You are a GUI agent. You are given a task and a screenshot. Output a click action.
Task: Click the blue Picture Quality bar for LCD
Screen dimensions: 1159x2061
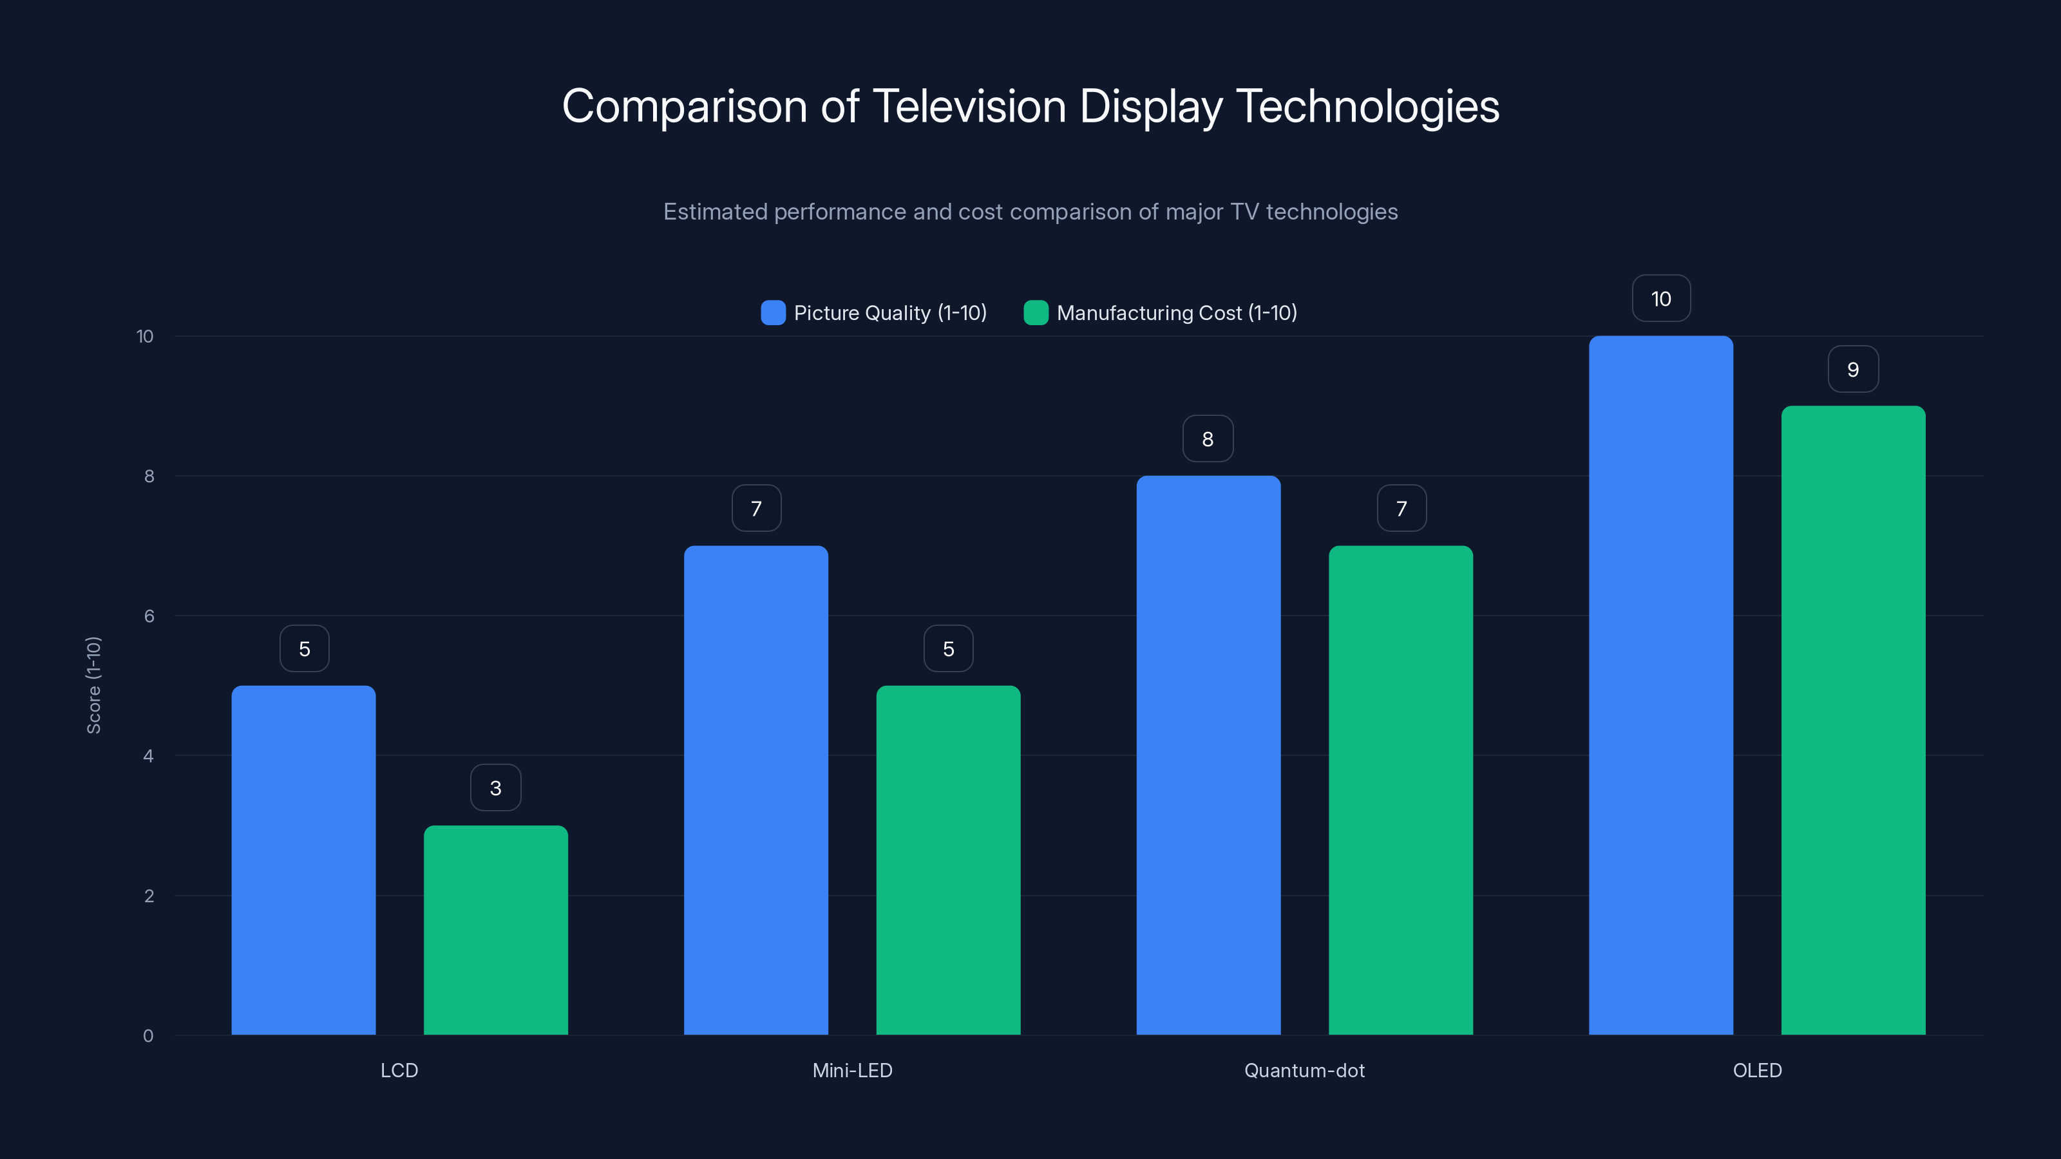[x=303, y=860]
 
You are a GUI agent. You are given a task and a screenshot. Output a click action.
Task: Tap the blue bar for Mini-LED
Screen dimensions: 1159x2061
[x=755, y=789]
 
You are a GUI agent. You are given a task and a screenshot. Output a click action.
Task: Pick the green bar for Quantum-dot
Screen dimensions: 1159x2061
[x=1400, y=789]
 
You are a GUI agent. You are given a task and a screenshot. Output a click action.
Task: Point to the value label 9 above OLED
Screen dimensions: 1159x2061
[x=1853, y=370]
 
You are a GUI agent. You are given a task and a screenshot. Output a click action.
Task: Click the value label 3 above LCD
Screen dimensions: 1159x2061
[x=495, y=788]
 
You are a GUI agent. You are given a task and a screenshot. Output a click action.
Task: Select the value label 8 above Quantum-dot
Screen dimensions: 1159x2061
[x=1208, y=439]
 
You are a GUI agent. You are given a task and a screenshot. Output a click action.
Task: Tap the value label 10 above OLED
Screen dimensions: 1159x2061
[x=1661, y=299]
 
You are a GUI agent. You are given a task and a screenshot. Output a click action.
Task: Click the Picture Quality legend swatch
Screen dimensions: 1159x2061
[x=773, y=313]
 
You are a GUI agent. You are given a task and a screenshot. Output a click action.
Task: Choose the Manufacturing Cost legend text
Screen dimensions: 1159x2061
[x=1176, y=313]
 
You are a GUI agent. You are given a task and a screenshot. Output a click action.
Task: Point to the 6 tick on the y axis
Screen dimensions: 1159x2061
[x=149, y=616]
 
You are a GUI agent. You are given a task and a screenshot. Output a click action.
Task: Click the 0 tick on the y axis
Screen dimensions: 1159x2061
[x=148, y=1036]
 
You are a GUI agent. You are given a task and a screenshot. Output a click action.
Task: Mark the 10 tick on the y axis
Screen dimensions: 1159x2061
[x=145, y=336]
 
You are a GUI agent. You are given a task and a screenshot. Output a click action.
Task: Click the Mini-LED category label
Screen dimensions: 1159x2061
[x=852, y=1070]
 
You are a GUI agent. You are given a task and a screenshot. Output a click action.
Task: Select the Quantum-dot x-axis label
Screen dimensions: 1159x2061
[x=1304, y=1070]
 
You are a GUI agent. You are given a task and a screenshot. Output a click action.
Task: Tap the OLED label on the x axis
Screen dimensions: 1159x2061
[x=1757, y=1070]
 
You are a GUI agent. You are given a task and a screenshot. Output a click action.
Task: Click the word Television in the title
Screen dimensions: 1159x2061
[x=969, y=106]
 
